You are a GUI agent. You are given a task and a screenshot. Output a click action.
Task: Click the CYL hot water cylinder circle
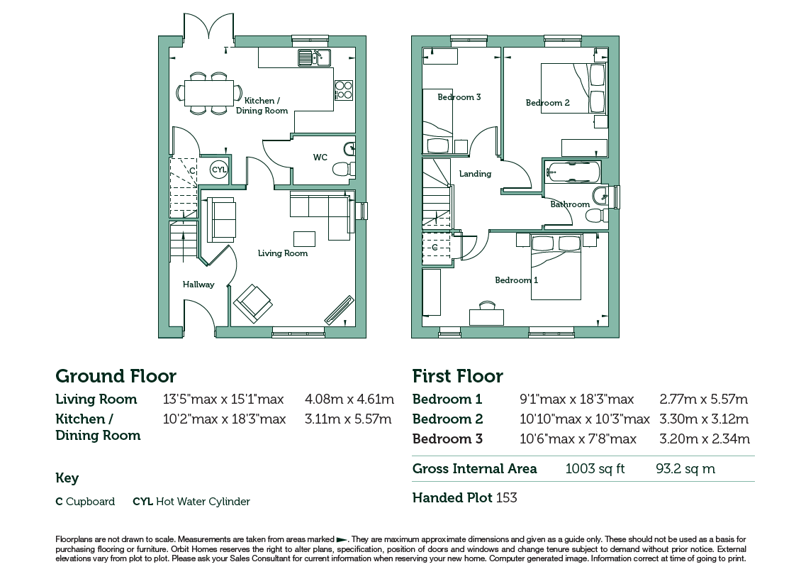[218, 170]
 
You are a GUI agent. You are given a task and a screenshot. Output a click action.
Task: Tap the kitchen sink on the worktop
[314, 57]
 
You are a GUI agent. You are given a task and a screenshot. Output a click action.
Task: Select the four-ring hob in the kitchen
[343, 90]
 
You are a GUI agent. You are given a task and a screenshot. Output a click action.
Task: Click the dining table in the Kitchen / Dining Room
[209, 93]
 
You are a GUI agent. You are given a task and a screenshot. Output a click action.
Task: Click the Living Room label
[283, 253]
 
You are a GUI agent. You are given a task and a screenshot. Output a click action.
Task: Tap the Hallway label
[198, 285]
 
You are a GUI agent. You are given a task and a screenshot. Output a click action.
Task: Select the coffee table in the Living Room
[305, 239]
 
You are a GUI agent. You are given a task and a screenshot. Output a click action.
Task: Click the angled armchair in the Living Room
[253, 303]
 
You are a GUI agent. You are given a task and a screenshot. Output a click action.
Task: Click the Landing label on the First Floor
[475, 174]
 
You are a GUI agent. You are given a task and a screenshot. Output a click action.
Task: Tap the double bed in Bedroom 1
[556, 267]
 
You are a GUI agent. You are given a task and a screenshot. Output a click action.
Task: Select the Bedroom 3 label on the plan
[459, 97]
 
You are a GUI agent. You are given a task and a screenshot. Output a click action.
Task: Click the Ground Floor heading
[116, 377]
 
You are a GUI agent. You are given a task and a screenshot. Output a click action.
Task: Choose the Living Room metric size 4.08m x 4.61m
[349, 399]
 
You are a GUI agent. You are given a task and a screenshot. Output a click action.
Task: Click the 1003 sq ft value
[595, 469]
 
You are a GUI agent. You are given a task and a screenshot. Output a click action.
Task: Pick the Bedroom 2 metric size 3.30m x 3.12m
[704, 419]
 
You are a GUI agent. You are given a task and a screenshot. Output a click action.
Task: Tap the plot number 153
[506, 497]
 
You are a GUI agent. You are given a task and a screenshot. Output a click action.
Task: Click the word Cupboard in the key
[91, 502]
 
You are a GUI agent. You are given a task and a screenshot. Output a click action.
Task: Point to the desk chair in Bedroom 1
[488, 306]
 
